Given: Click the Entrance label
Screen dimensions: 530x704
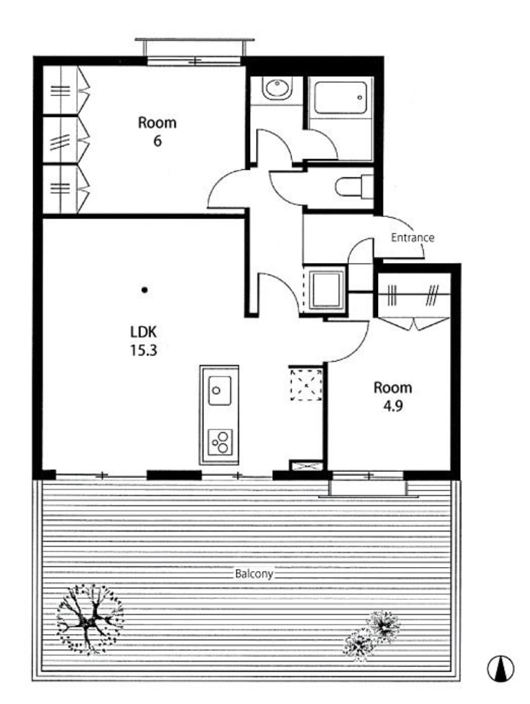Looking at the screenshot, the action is (x=412, y=238).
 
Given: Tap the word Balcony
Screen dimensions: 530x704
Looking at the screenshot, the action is (x=254, y=574).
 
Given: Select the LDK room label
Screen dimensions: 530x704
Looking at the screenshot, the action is (x=143, y=332).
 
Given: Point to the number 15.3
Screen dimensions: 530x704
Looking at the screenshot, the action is (x=144, y=350).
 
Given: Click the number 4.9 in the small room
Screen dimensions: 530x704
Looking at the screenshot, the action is (x=392, y=406).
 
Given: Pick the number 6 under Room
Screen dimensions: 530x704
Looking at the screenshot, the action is (x=157, y=141).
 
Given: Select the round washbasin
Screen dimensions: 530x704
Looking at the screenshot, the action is (x=277, y=89).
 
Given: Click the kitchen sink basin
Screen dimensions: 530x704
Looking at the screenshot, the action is (x=219, y=390).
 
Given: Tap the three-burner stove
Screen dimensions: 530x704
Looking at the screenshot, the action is (x=220, y=442).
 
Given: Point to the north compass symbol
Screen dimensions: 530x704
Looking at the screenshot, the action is (x=501, y=668).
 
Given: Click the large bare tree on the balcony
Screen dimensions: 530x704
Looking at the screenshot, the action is (x=90, y=619).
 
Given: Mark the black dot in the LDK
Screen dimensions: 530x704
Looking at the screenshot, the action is (x=144, y=290).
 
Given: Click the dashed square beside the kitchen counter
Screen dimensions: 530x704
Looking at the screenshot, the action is (x=306, y=385).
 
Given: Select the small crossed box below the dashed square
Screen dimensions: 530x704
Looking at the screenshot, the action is (x=307, y=466).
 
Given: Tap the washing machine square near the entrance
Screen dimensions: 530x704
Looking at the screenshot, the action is (x=325, y=288).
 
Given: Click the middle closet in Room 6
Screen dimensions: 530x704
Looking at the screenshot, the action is (x=66, y=140).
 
